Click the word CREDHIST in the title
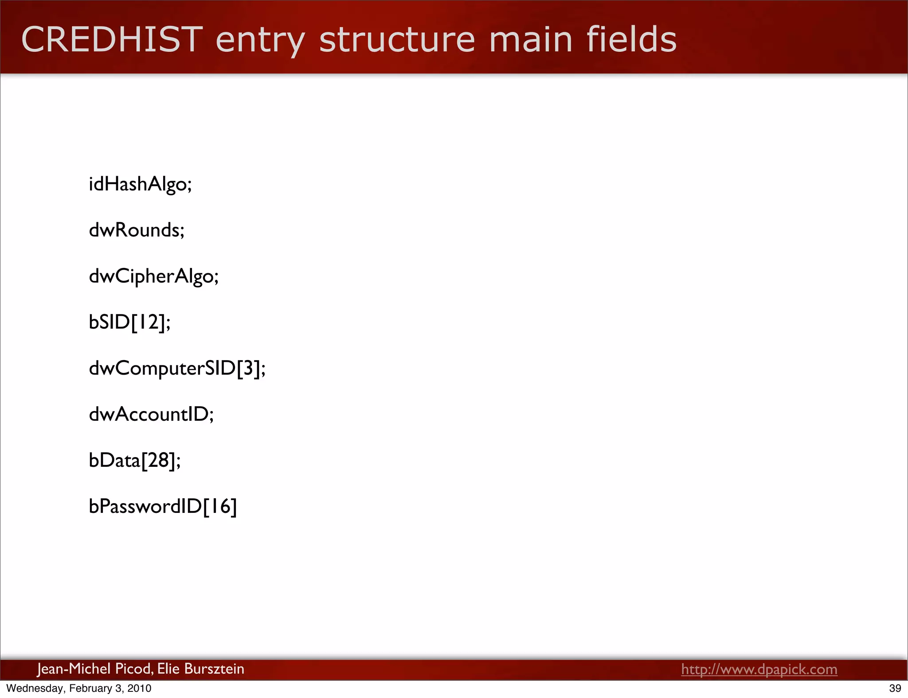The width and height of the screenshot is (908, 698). (x=112, y=39)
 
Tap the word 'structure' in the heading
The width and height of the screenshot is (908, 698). (x=397, y=39)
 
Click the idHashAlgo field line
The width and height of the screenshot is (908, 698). (x=140, y=184)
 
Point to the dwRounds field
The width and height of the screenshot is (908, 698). (x=137, y=230)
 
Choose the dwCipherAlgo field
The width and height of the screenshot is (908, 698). (x=154, y=276)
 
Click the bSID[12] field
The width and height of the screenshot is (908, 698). (x=129, y=322)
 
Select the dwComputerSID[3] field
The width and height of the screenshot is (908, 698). (x=177, y=368)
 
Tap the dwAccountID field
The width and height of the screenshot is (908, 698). (x=151, y=415)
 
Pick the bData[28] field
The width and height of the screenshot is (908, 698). (x=135, y=461)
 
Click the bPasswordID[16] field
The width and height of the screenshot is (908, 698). (x=163, y=507)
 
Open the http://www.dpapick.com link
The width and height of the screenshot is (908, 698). (x=759, y=669)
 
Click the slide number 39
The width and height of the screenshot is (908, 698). (x=895, y=688)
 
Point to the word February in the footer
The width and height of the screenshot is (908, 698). (x=90, y=688)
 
